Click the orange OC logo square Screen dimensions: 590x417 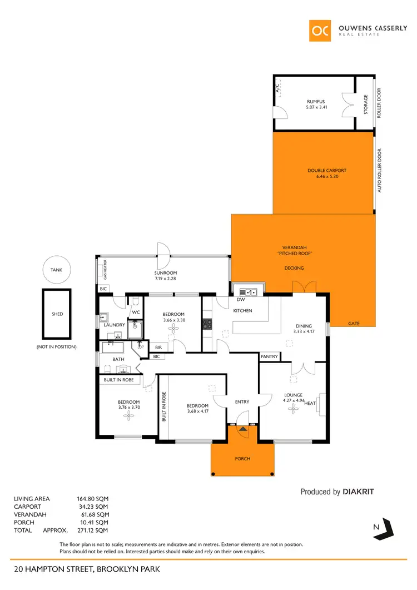(x=321, y=31)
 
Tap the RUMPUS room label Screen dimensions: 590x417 (x=315, y=101)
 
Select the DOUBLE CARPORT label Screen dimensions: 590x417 (x=323, y=171)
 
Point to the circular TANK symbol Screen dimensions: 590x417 (x=57, y=270)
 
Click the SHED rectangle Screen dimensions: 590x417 (x=57, y=314)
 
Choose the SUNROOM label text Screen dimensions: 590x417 (x=165, y=273)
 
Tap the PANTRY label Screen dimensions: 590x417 (x=269, y=356)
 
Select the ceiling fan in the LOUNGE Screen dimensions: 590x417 (x=292, y=409)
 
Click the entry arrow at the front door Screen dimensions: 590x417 (x=242, y=428)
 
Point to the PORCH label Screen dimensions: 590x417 (x=242, y=459)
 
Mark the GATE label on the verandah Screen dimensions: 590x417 (x=353, y=323)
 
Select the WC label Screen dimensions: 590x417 (x=135, y=312)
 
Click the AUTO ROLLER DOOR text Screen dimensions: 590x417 (x=380, y=171)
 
